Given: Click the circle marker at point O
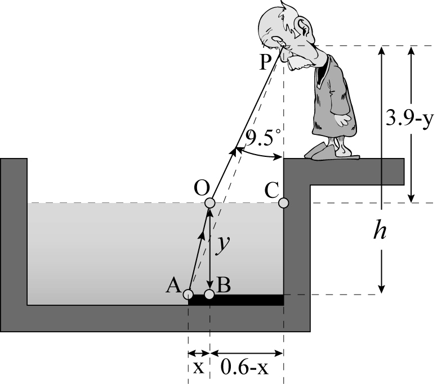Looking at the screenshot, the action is click(210, 203).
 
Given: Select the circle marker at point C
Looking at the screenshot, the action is click(283, 203).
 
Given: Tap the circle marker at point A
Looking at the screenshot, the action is click(188, 294).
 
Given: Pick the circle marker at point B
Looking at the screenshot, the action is click(209, 294).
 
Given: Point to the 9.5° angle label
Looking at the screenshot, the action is click(262, 137).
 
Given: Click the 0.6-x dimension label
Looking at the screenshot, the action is click(244, 368).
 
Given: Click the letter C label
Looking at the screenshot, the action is click(271, 191).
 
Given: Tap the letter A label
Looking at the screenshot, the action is click(173, 286).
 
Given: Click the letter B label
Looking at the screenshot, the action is click(224, 285).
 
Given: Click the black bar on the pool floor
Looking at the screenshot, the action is click(236, 300).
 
